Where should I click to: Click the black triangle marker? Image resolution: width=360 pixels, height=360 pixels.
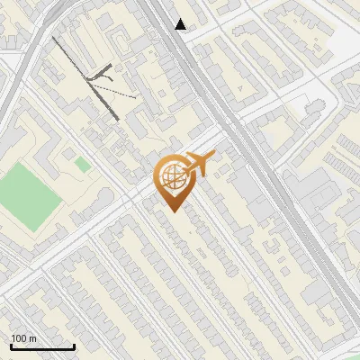[x=181, y=24]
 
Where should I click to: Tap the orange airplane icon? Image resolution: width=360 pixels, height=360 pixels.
[x=201, y=163]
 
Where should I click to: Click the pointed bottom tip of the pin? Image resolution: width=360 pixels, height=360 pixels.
[x=172, y=211]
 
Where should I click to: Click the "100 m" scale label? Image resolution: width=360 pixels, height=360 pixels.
[x=23, y=338]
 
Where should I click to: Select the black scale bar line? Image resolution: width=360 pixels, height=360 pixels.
[x=42, y=346]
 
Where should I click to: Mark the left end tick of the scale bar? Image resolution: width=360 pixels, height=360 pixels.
[x=11, y=345]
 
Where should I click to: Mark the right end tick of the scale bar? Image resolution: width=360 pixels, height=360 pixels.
[x=74, y=345]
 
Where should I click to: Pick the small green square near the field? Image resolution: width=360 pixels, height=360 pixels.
[x=83, y=165]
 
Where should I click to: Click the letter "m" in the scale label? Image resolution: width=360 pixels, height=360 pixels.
[x=32, y=338]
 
